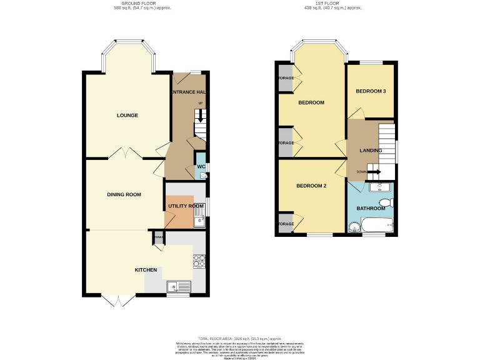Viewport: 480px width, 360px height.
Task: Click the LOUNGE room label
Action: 127,116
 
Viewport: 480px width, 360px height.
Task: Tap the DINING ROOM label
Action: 124,194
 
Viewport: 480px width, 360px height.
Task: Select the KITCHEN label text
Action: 146,270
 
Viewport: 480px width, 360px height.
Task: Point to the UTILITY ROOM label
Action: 185,206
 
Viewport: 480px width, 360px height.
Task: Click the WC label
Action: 201,167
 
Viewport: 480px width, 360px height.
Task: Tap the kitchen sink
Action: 179,286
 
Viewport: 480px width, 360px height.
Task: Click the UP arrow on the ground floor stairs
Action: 200,116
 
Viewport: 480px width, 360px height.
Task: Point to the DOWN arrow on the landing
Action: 374,172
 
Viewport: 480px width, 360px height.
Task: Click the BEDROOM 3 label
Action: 371,91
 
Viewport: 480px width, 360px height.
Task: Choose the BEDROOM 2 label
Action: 311,186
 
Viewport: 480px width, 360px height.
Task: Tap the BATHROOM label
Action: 371,208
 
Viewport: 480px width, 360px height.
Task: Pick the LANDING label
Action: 371,151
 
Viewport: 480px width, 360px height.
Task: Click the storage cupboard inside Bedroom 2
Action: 286,224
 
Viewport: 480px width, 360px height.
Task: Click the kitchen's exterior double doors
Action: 118,301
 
